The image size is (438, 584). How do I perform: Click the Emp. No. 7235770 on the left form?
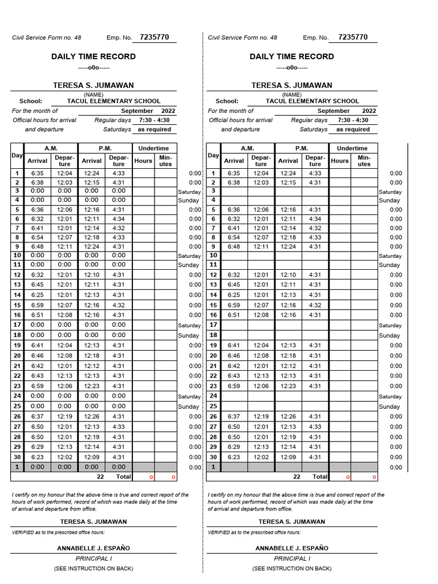154,38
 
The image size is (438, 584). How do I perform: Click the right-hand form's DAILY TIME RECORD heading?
291,56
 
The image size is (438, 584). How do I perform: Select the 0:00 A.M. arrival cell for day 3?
38,190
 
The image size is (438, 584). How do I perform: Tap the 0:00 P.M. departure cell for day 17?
119,325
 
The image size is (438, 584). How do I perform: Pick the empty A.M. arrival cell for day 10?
234,255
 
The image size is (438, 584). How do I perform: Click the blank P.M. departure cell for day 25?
315,406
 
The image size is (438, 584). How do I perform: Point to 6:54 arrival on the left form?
38,237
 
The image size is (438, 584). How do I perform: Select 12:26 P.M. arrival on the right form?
288,416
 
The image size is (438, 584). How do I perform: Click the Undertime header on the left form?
153,148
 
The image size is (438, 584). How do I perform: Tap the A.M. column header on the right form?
248,148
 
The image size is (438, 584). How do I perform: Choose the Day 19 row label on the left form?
17,345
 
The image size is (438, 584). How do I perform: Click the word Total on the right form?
320,476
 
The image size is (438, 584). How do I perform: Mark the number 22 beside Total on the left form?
100,476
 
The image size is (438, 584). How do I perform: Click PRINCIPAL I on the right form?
292,559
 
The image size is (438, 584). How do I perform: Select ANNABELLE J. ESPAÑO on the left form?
94,548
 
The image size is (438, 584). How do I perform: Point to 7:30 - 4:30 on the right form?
352,120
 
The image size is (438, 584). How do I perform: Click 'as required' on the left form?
155,129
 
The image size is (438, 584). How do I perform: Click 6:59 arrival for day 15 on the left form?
38,305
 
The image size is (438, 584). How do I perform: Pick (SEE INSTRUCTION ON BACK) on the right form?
292,569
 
